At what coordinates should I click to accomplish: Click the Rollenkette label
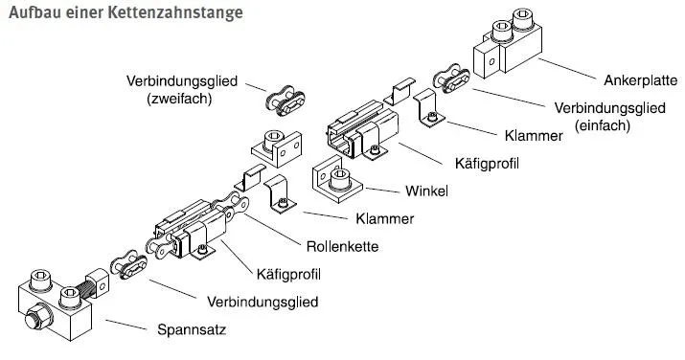click(x=342, y=245)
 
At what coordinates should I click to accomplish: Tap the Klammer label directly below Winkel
click(x=383, y=218)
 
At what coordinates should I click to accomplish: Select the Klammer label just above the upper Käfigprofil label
click(x=531, y=137)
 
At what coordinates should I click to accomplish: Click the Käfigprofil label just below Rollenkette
click(x=287, y=274)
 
